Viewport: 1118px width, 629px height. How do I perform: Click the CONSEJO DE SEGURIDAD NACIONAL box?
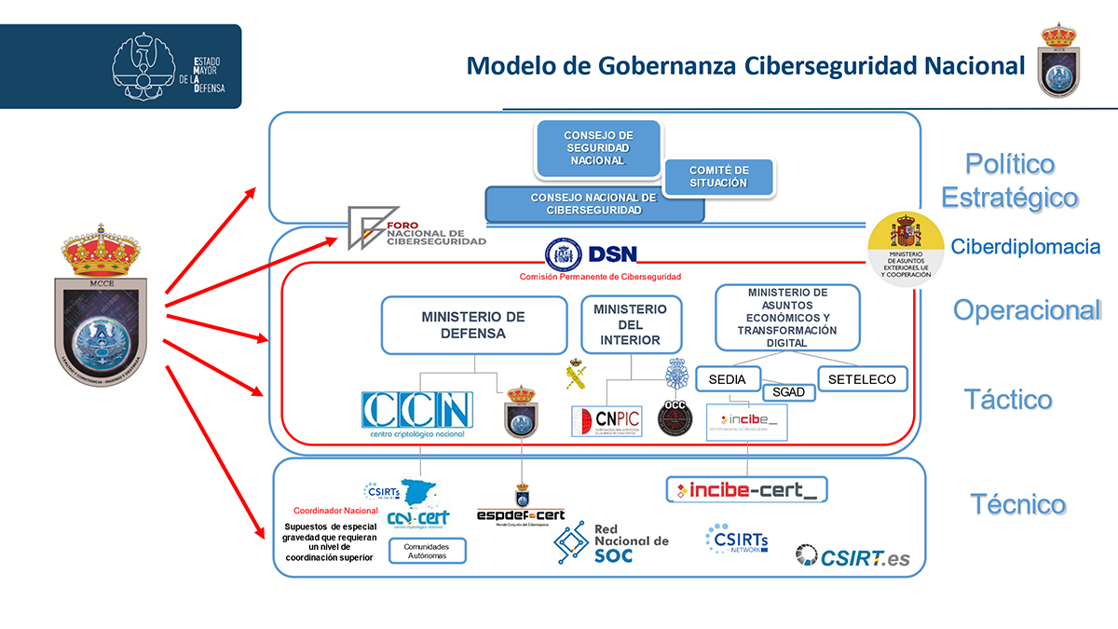pos(597,148)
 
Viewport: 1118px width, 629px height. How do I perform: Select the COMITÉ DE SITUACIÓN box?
pos(718,177)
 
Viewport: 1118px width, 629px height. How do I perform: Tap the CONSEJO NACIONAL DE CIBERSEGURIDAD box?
pos(593,204)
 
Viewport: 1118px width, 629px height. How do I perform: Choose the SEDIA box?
pos(727,379)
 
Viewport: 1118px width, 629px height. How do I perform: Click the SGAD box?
pos(788,392)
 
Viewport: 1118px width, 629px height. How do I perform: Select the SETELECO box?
pos(862,379)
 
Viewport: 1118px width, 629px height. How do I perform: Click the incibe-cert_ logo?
pos(747,489)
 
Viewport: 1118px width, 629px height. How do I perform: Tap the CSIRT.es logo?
pos(852,556)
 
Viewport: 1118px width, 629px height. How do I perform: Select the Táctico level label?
pos(1008,400)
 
